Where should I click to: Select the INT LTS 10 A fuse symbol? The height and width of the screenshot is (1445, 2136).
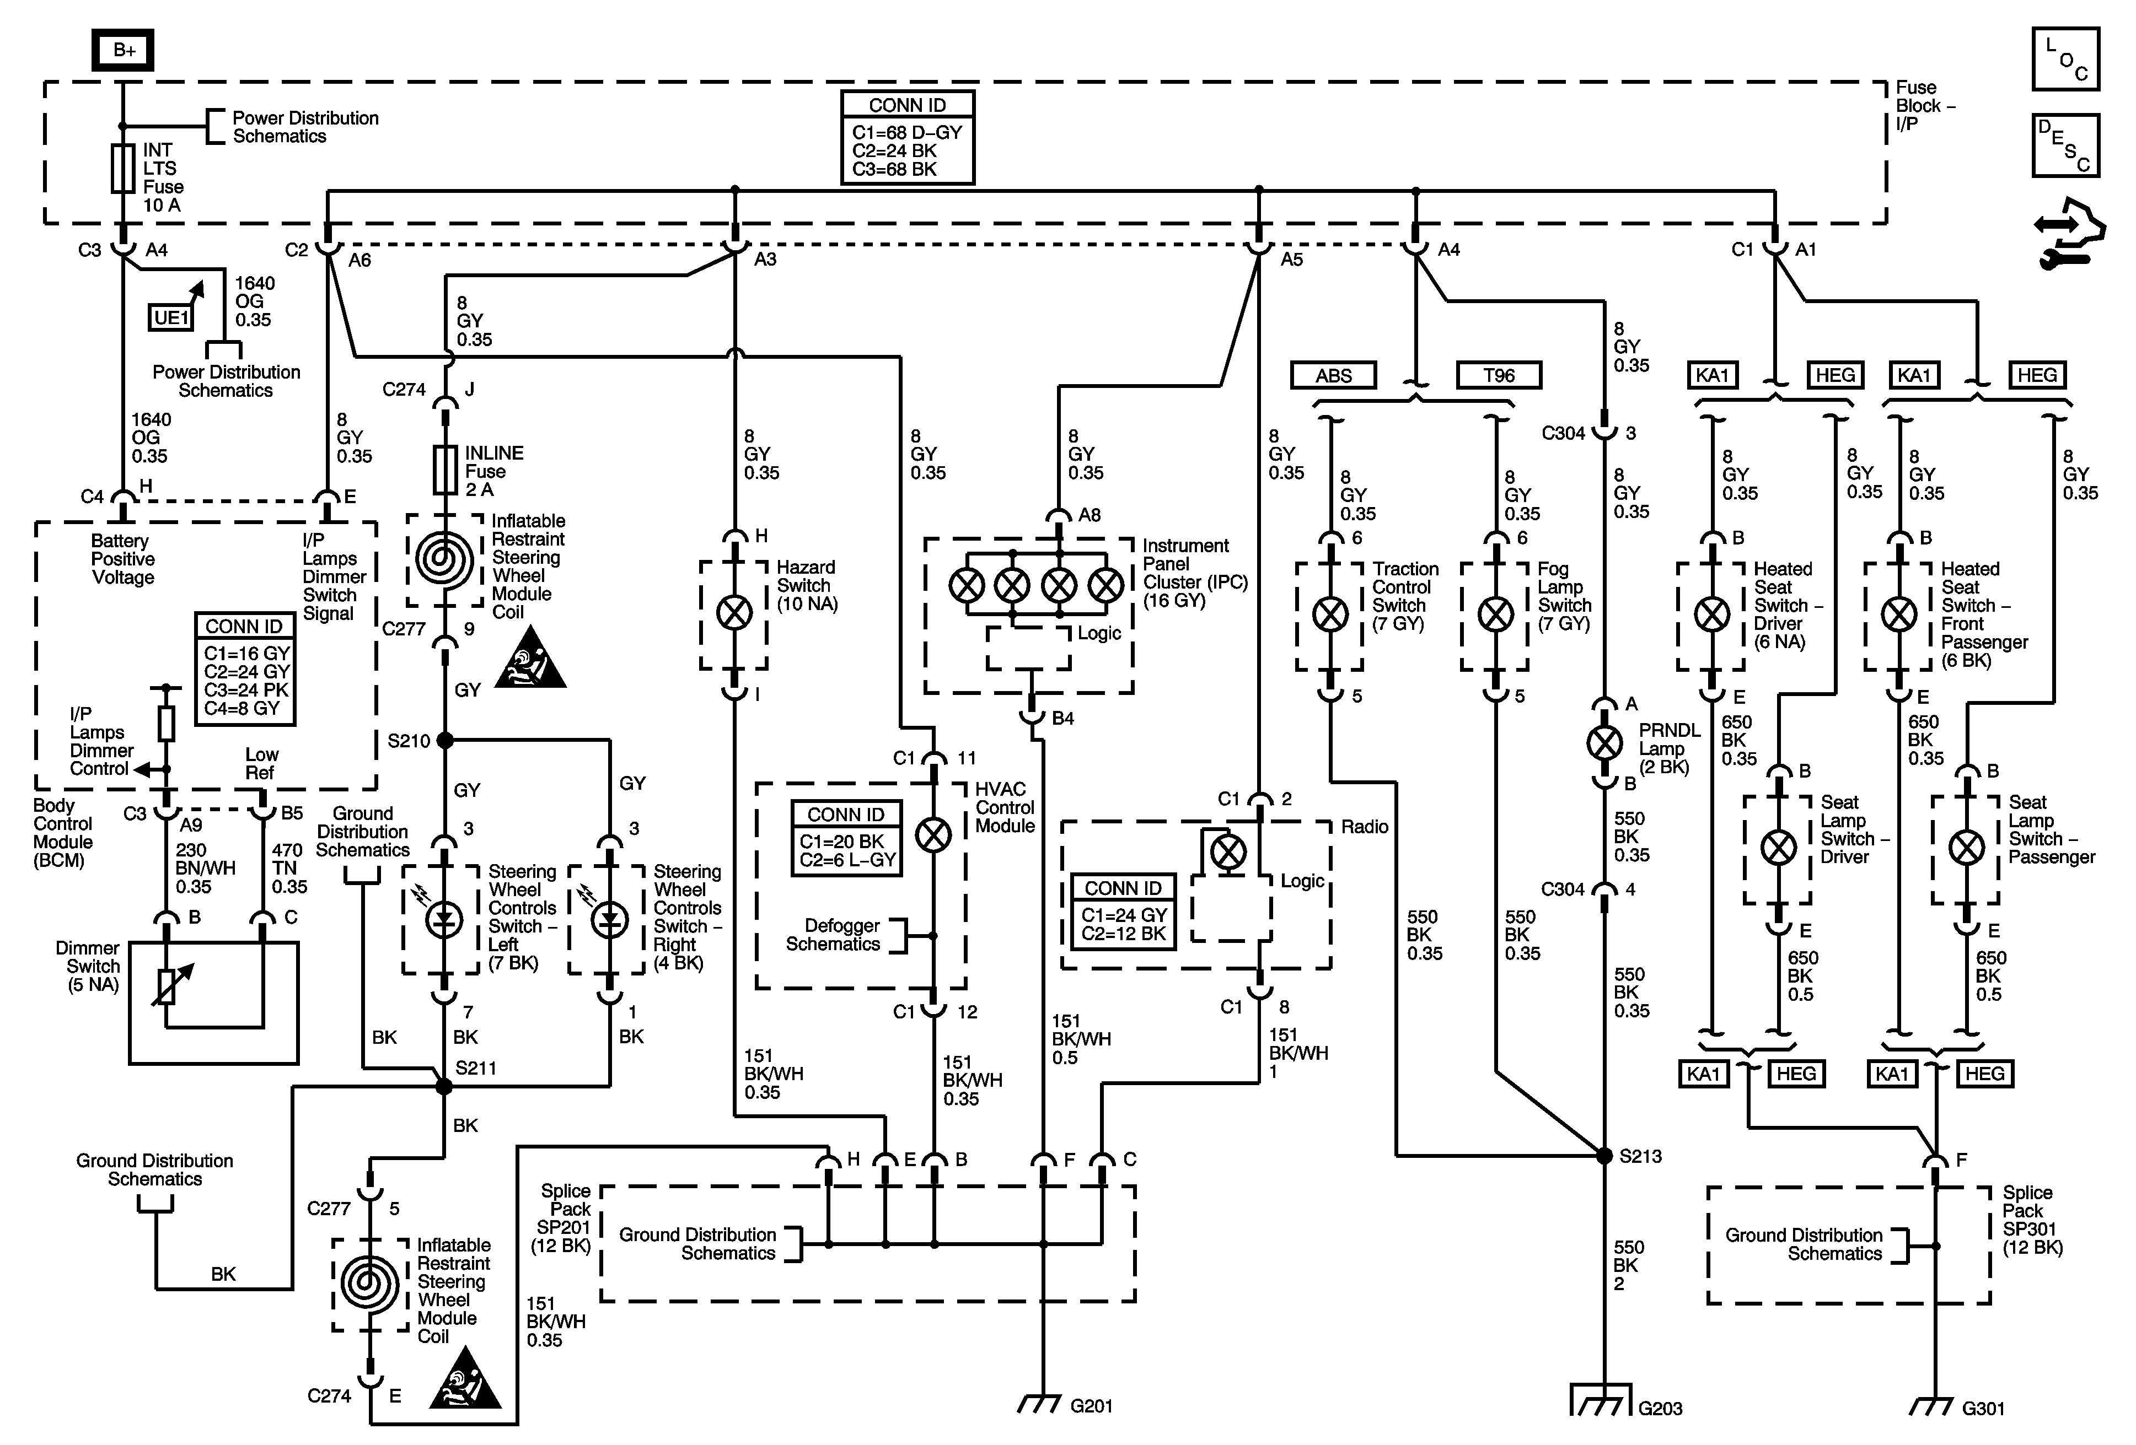(123, 168)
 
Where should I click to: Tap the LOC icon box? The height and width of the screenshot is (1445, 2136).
(2065, 60)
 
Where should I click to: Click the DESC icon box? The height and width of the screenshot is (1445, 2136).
(2065, 145)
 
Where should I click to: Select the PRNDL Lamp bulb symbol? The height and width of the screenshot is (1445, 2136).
(1605, 743)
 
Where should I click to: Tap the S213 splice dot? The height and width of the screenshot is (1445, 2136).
(1605, 1156)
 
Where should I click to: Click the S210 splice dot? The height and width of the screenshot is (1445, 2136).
(445, 740)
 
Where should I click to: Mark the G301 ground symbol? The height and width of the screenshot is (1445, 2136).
(1934, 1405)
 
